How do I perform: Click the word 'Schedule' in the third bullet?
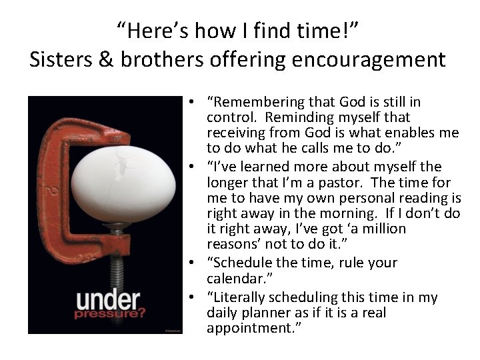pyautogui.click(x=242, y=263)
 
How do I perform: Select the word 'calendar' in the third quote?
pyautogui.click(x=235, y=279)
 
